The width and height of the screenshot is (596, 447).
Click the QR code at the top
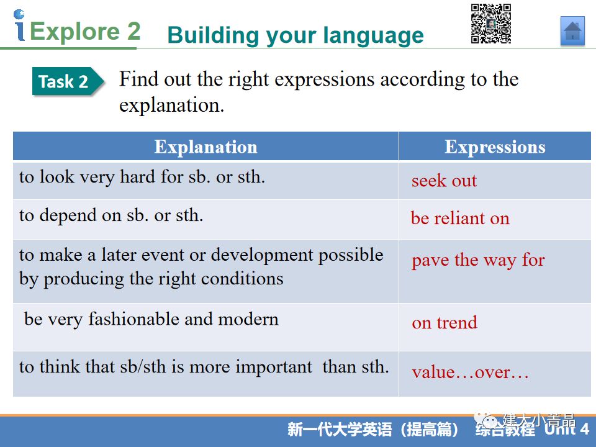point(490,24)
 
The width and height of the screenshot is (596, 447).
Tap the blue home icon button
point(572,31)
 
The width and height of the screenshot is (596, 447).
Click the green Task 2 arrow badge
point(68,81)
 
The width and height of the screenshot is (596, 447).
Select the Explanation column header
point(205,147)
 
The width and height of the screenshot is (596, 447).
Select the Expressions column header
point(495,147)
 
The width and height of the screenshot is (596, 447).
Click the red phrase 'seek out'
point(444,181)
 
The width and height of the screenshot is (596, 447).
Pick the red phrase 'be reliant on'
point(460,218)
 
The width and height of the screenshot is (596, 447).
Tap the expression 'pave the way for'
point(478,260)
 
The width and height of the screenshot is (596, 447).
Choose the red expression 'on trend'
point(445,323)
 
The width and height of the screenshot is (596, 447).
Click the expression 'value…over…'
point(470,372)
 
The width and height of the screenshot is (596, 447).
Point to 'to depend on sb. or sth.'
point(111,215)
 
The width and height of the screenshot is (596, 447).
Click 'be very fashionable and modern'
point(151,319)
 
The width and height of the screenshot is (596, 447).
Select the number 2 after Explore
point(134,31)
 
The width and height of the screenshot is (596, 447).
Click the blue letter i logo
point(19,25)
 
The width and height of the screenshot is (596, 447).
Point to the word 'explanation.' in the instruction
point(172,106)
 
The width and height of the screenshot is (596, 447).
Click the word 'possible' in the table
point(350,255)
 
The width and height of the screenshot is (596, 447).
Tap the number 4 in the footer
point(585,429)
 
